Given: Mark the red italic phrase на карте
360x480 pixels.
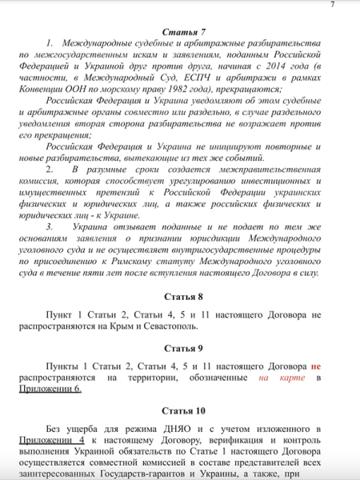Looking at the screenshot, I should coord(275,377).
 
